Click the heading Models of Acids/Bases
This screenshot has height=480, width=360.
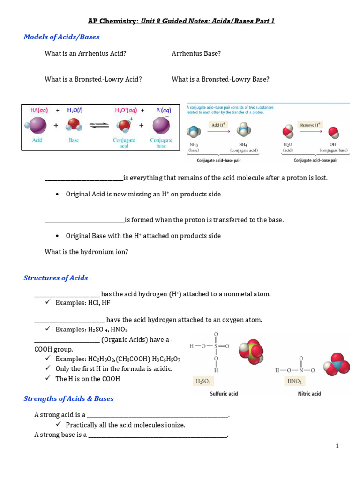tap(61, 37)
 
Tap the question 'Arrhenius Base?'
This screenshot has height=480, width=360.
tap(196, 53)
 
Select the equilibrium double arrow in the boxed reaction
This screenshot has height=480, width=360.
tap(99, 126)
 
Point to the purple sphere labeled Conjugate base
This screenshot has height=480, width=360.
tap(161, 126)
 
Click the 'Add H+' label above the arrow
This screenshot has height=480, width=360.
tap(218, 125)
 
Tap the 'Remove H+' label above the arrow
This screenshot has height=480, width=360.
tap(310, 125)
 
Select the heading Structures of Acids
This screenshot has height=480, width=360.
tap(56, 278)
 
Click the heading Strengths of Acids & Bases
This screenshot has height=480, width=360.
tap(68, 399)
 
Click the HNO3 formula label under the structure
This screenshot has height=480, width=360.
tap(293, 382)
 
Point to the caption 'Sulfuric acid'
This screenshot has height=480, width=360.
tap(224, 394)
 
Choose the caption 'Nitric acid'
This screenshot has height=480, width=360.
tap(309, 394)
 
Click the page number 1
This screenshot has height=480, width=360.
tap(337, 446)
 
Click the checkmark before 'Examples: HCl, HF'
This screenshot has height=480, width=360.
tap(48, 303)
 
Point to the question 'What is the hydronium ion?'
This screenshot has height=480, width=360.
tap(86, 252)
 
